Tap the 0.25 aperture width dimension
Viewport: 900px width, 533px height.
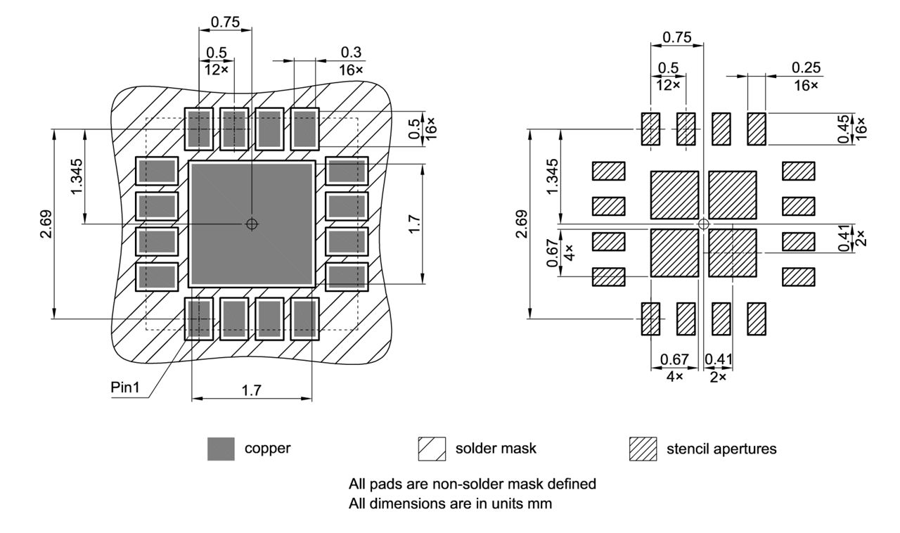click(x=805, y=68)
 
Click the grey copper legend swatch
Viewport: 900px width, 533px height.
click(x=221, y=449)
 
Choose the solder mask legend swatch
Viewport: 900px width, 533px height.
click(x=432, y=449)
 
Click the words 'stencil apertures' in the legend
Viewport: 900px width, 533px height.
click(x=721, y=449)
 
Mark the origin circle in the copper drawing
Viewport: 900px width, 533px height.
click(x=252, y=224)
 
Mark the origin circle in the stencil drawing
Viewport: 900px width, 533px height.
click(x=703, y=224)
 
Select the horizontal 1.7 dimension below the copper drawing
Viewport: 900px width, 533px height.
click(x=252, y=390)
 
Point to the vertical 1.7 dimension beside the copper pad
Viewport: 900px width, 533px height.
click(x=415, y=224)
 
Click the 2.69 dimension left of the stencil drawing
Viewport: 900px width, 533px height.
click(x=520, y=224)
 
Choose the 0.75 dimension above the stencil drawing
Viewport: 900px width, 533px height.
click(x=676, y=37)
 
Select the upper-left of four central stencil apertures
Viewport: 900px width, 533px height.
click(x=674, y=195)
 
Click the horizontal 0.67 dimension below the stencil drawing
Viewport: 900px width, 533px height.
click(x=674, y=359)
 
